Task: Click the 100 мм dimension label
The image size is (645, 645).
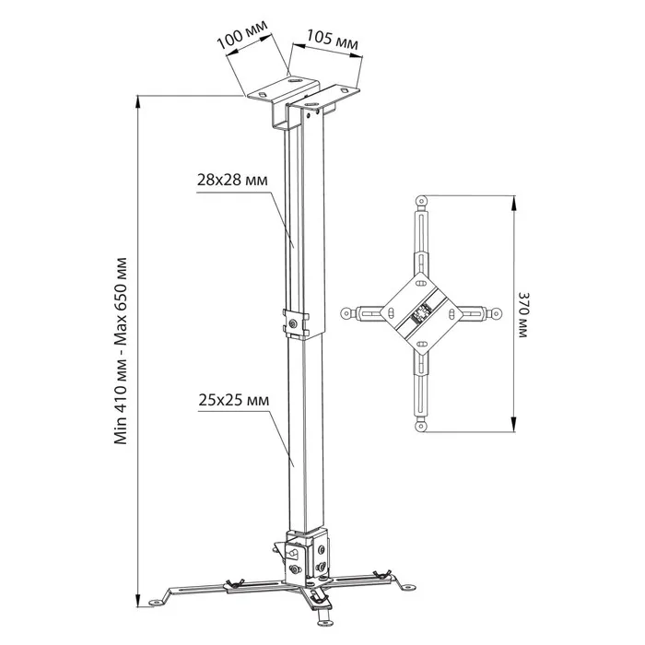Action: point(241,34)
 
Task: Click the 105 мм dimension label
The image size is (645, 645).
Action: point(332,41)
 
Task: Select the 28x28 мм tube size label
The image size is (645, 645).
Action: point(232,181)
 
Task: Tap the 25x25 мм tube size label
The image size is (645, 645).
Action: point(234,400)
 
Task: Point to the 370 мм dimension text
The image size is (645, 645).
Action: point(523,315)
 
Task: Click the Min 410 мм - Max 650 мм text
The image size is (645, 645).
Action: point(121,351)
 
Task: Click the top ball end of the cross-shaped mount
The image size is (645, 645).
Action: point(421,201)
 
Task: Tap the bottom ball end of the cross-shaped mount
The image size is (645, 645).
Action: point(421,426)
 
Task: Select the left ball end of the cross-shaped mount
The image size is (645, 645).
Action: point(346,314)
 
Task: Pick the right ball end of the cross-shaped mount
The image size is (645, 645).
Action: point(497,314)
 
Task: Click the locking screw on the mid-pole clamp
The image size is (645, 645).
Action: point(293,322)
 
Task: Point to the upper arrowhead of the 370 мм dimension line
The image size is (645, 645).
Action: point(513,204)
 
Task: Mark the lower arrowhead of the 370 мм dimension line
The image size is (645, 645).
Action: point(513,424)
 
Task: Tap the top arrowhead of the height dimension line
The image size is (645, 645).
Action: point(138,103)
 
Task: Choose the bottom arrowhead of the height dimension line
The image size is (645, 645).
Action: point(138,599)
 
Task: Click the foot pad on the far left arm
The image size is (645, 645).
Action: point(156,603)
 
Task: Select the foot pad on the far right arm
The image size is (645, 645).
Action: point(407,587)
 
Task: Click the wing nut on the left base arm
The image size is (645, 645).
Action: point(234,581)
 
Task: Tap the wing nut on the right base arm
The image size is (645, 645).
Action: point(381,573)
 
